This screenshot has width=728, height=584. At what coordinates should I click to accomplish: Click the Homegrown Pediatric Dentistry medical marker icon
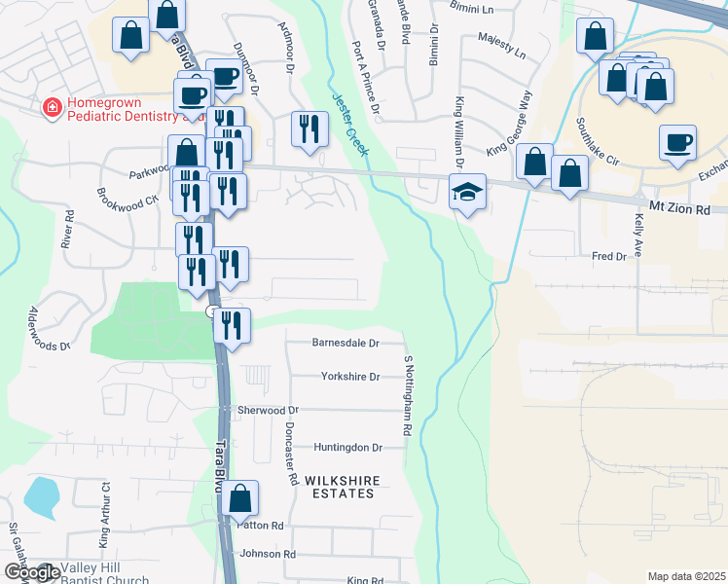click(x=52, y=107)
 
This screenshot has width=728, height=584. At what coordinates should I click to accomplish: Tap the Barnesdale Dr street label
click(x=345, y=343)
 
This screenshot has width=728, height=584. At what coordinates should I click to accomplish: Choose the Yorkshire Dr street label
click(x=349, y=376)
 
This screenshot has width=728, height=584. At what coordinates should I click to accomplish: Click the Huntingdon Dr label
click(x=348, y=448)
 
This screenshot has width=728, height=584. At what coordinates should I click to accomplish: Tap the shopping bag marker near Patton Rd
click(x=240, y=498)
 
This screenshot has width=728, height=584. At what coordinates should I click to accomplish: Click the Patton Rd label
click(x=262, y=526)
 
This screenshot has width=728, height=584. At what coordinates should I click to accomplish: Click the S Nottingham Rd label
click(x=409, y=394)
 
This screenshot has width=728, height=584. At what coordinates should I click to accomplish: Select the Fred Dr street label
click(x=608, y=256)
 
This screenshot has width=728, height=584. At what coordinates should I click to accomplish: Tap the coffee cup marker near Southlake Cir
click(x=677, y=143)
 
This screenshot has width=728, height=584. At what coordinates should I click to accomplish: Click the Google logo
click(x=31, y=572)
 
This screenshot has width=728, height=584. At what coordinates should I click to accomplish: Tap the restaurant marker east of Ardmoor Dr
click(x=309, y=129)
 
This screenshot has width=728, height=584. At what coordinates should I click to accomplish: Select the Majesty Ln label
click(x=501, y=44)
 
